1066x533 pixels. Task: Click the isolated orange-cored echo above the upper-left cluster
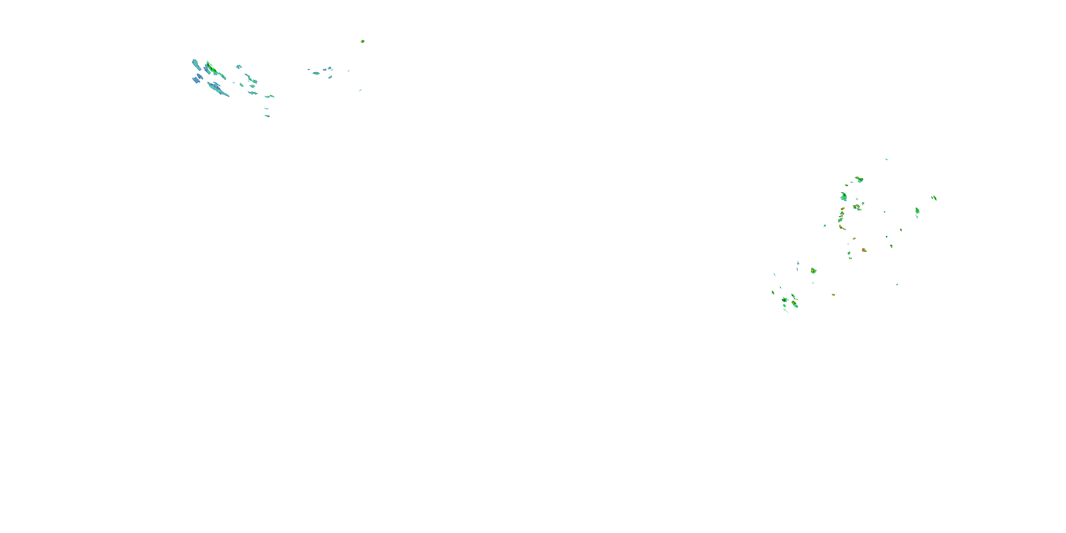[x=362, y=41]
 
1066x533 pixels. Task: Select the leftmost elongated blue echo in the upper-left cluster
[x=196, y=65]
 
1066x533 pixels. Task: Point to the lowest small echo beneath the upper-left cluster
[x=267, y=116]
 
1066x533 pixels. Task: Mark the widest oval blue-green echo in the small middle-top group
[x=316, y=73]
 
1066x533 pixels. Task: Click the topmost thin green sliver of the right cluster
[x=887, y=159]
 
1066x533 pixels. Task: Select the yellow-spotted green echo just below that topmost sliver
[x=860, y=179]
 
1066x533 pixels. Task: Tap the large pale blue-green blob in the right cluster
[x=843, y=196]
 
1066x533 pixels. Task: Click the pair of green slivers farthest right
[x=934, y=198]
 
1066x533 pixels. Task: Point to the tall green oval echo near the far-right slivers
[x=917, y=211]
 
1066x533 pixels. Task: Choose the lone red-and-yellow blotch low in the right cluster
[x=864, y=250]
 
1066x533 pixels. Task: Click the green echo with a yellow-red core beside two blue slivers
[x=813, y=271]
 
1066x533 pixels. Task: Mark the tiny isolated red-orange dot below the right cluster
[x=833, y=295]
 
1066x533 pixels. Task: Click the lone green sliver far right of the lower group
[x=897, y=284]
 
